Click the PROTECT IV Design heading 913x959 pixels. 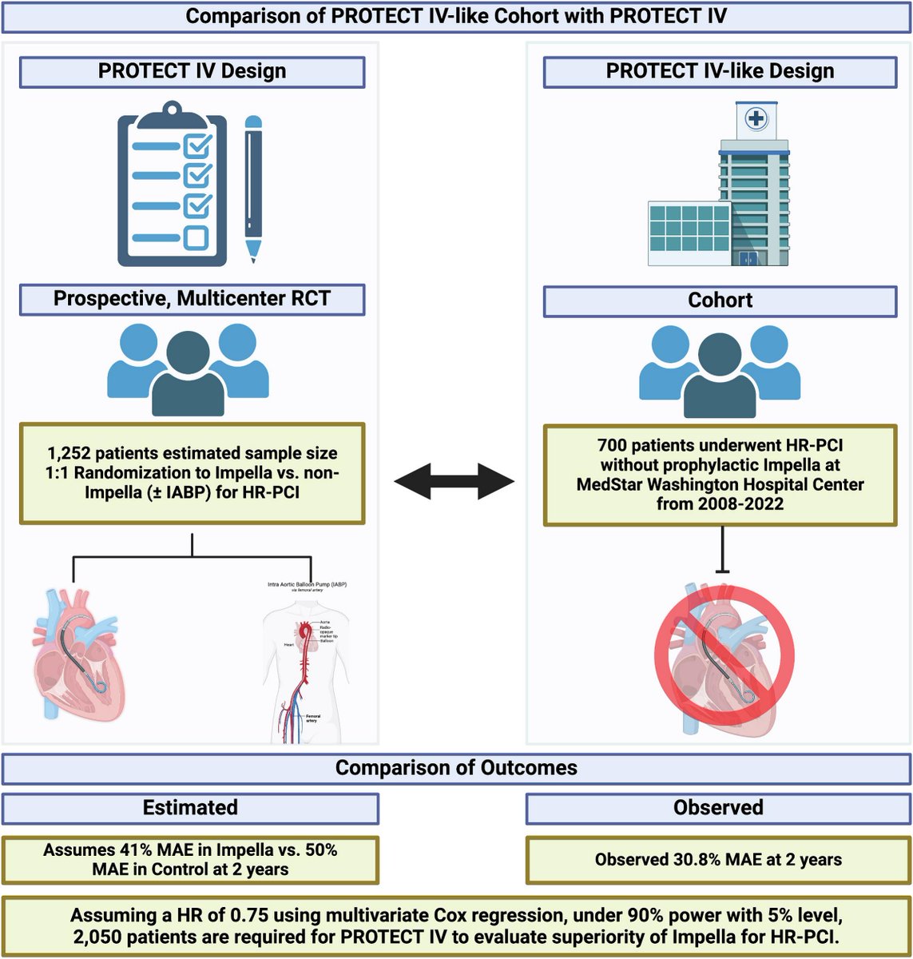pyautogui.click(x=192, y=71)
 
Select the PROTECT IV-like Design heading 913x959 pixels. pyautogui.click(x=720, y=71)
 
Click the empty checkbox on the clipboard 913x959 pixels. pyautogui.click(x=196, y=237)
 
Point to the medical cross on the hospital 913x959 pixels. pyautogui.click(x=756, y=119)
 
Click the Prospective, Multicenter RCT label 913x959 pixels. pyautogui.click(x=192, y=300)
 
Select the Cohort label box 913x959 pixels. pyautogui.click(x=720, y=300)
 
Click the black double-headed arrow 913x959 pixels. pyautogui.click(x=454, y=481)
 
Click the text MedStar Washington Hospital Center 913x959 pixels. pyautogui.click(x=720, y=484)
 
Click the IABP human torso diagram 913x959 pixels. pyautogui.click(x=306, y=663)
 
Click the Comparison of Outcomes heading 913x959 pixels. pyautogui.click(x=456, y=768)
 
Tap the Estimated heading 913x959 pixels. pyautogui.click(x=190, y=807)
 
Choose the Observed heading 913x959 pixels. pyautogui.click(x=718, y=807)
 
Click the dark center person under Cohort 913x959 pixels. pyautogui.click(x=720, y=376)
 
